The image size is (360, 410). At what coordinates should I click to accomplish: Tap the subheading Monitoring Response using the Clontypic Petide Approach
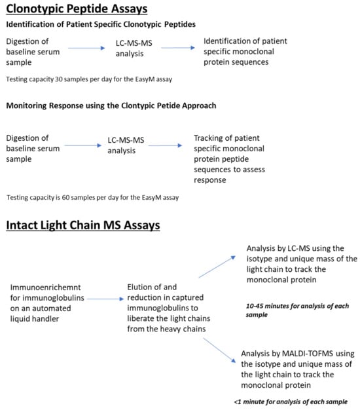111,106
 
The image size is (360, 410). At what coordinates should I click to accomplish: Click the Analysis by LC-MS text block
302,263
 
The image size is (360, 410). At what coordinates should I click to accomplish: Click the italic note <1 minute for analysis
290,401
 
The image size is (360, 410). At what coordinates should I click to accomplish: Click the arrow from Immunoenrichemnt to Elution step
107,298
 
